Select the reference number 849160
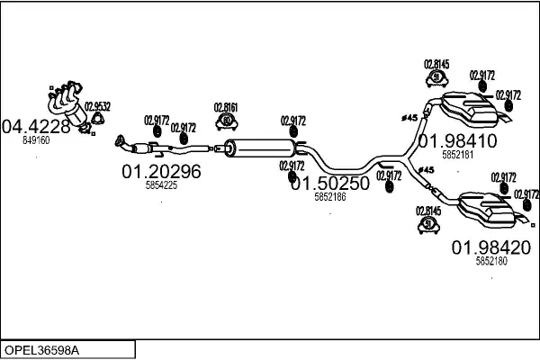pos(35,140)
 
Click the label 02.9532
pos(97,106)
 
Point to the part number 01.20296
pos(161,170)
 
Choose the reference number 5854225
pos(162,185)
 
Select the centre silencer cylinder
pos(261,146)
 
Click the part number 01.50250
pos(329,183)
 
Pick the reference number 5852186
pos(330,197)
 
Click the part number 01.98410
pos(456,140)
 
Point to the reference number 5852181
pos(457,155)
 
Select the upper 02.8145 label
pos(436,64)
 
